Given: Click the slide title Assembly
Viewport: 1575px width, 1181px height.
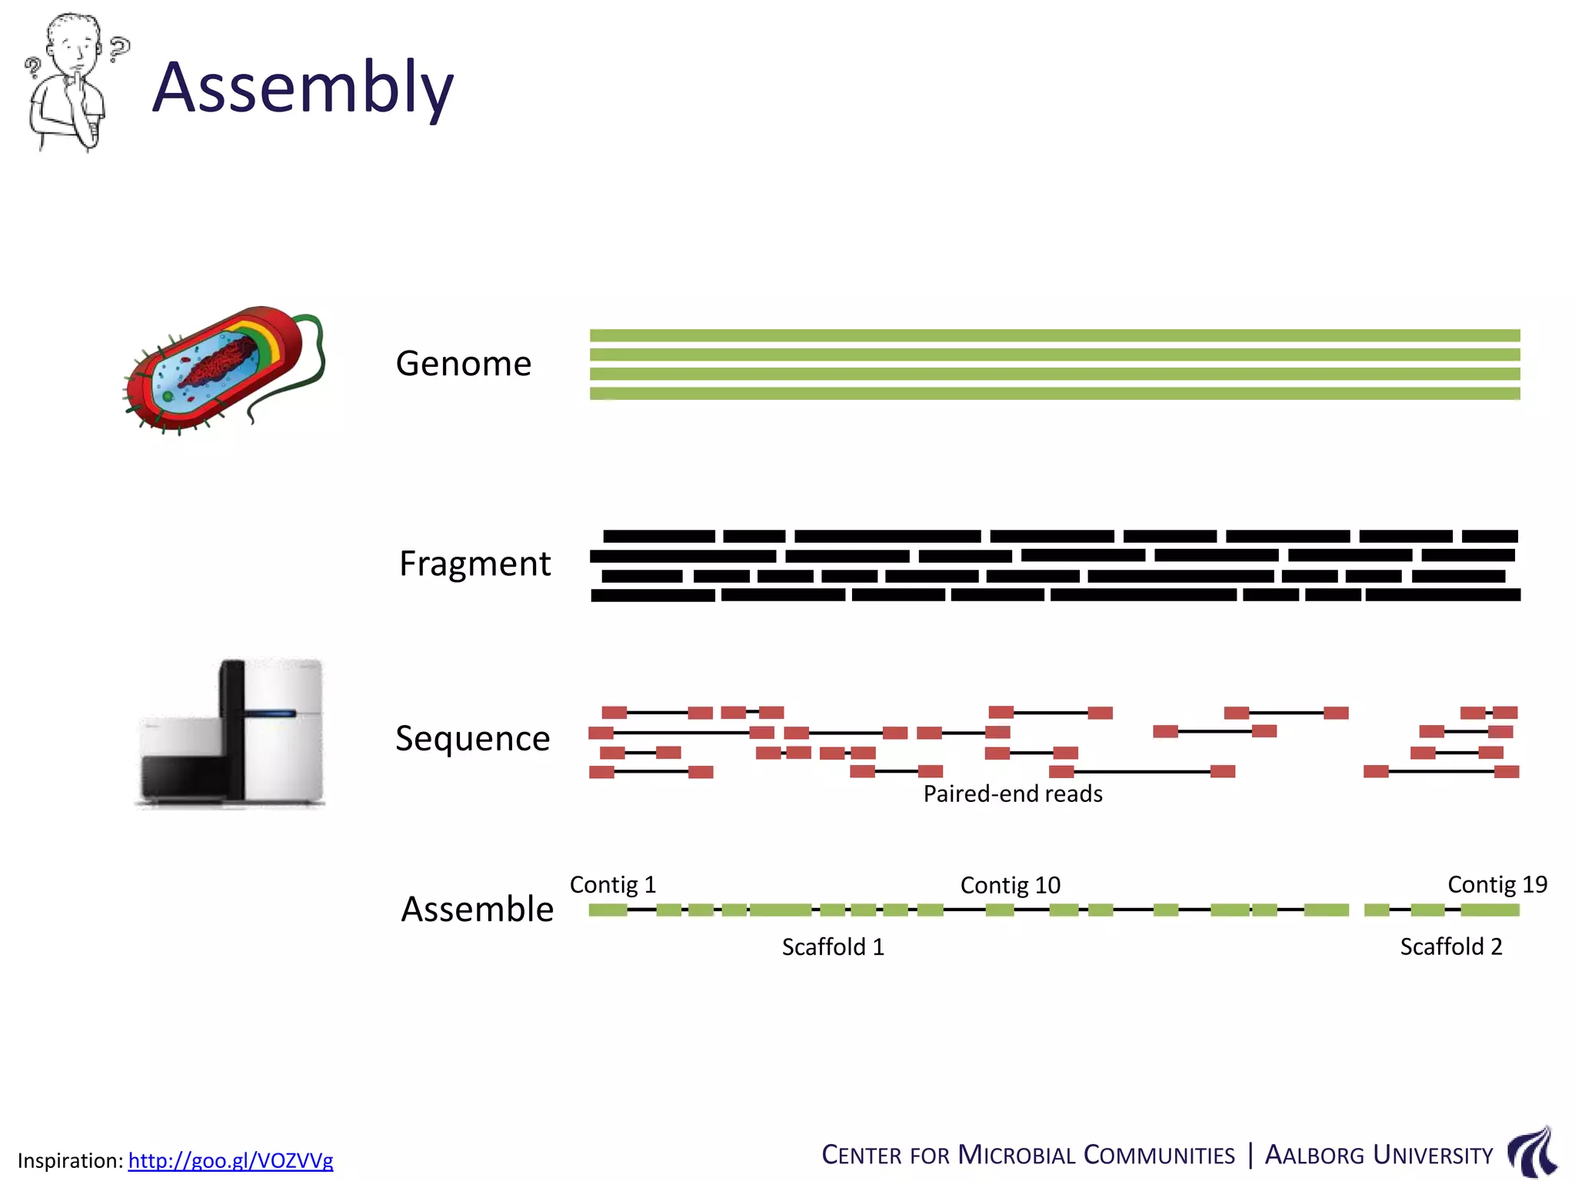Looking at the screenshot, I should tap(302, 88).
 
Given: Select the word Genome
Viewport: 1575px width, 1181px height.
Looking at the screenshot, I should tap(463, 364).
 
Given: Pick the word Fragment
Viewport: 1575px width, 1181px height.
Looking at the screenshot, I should tap(474, 564).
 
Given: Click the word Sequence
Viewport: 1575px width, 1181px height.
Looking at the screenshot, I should tap(472, 739).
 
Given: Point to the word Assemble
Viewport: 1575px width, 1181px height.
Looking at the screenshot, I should tap(477, 910).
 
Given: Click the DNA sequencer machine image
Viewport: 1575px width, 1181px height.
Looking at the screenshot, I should tap(231, 734).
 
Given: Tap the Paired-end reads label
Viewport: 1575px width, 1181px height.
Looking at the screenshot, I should tap(1013, 793).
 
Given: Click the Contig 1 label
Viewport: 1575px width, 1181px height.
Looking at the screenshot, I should tap(613, 885).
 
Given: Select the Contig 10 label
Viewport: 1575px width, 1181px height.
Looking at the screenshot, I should tap(1010, 886).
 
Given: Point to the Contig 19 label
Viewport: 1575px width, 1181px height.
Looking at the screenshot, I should tap(1497, 885).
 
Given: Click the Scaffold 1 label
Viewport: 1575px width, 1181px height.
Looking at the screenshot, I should tap(833, 947).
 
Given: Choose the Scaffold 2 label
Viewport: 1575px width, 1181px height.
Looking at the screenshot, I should tap(1450, 947).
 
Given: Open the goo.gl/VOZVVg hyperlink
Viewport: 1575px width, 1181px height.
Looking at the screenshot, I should tap(231, 1160).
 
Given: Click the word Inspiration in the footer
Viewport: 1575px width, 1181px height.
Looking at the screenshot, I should tap(69, 1161).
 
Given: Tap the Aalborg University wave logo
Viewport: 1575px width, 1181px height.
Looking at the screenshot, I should tap(1533, 1152).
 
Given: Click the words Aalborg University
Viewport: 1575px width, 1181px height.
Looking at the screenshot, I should tap(1378, 1156).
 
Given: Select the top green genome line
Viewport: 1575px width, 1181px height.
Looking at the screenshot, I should tap(1054, 336).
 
